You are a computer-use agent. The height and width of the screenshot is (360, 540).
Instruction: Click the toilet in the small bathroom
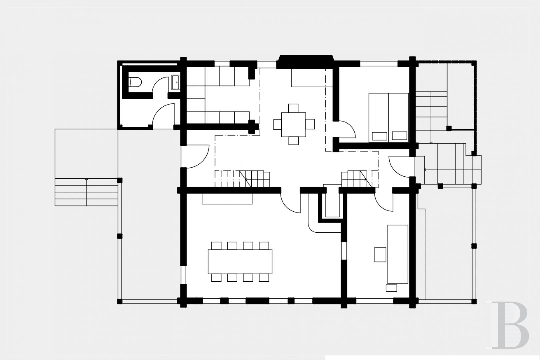[x=135, y=82]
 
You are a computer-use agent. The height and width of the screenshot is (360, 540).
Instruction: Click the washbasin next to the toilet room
[x=175, y=82]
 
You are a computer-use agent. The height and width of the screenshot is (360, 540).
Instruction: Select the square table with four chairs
[x=293, y=124]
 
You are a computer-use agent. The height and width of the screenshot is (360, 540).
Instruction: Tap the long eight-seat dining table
[x=240, y=262]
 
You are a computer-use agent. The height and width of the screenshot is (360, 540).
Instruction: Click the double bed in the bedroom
[x=388, y=117]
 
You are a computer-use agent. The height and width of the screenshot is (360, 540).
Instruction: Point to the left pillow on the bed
[x=380, y=136]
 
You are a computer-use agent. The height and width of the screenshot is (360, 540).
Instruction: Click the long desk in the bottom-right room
[x=398, y=254]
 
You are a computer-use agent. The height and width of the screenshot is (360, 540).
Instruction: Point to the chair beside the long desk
[x=380, y=254]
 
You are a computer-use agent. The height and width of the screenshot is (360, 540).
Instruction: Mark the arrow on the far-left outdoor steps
[x=87, y=192]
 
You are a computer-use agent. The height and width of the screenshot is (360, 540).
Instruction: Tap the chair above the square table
[x=293, y=108]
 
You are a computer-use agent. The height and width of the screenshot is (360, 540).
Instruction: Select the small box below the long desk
[x=391, y=288]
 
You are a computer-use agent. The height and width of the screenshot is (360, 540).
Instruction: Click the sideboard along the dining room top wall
[x=227, y=199]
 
